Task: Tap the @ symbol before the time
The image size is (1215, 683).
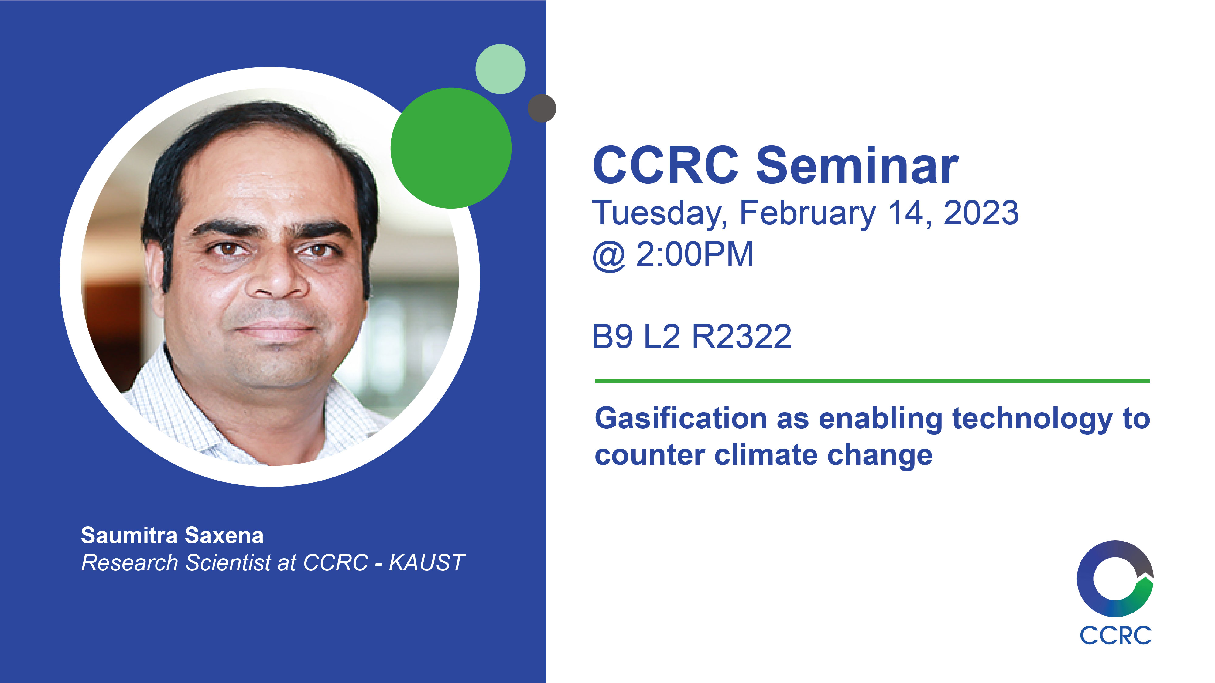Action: point(609,256)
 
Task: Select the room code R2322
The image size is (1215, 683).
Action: point(741,337)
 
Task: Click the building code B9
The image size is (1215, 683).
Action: point(612,337)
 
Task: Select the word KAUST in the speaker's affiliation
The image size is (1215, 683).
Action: point(427,562)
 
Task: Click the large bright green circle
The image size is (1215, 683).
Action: point(451,148)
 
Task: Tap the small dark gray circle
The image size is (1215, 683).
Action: point(542,108)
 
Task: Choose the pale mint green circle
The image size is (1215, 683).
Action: point(501,69)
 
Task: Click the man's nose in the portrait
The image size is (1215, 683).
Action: point(277,278)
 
